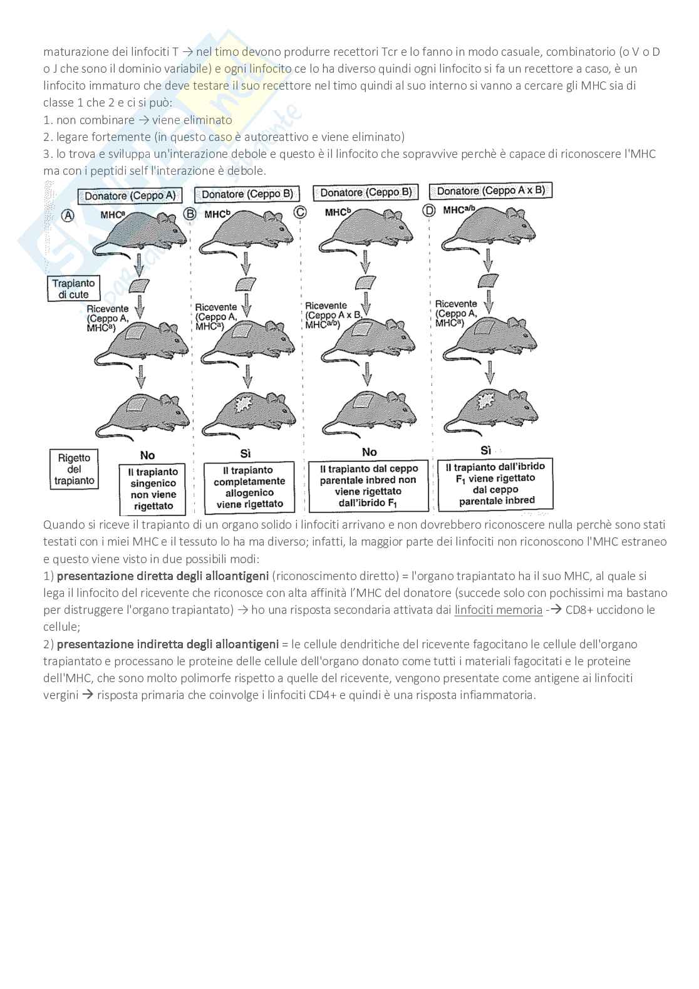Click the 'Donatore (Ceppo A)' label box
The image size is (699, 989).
(x=130, y=195)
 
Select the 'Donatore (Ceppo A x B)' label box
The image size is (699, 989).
(x=490, y=190)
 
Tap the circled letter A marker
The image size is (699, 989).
(x=68, y=215)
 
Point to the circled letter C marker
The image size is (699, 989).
(x=301, y=212)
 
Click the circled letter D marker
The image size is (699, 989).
(x=429, y=210)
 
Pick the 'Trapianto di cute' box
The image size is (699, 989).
(x=74, y=289)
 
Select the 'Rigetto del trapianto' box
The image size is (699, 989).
(x=74, y=469)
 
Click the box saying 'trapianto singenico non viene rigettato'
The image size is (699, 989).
(x=153, y=489)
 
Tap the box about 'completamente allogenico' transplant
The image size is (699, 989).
(x=249, y=487)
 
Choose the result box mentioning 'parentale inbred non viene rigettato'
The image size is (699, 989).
(x=368, y=486)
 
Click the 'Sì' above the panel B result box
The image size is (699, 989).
(x=246, y=454)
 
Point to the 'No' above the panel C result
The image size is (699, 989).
(x=369, y=452)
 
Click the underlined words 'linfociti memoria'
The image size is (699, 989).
(x=499, y=609)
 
